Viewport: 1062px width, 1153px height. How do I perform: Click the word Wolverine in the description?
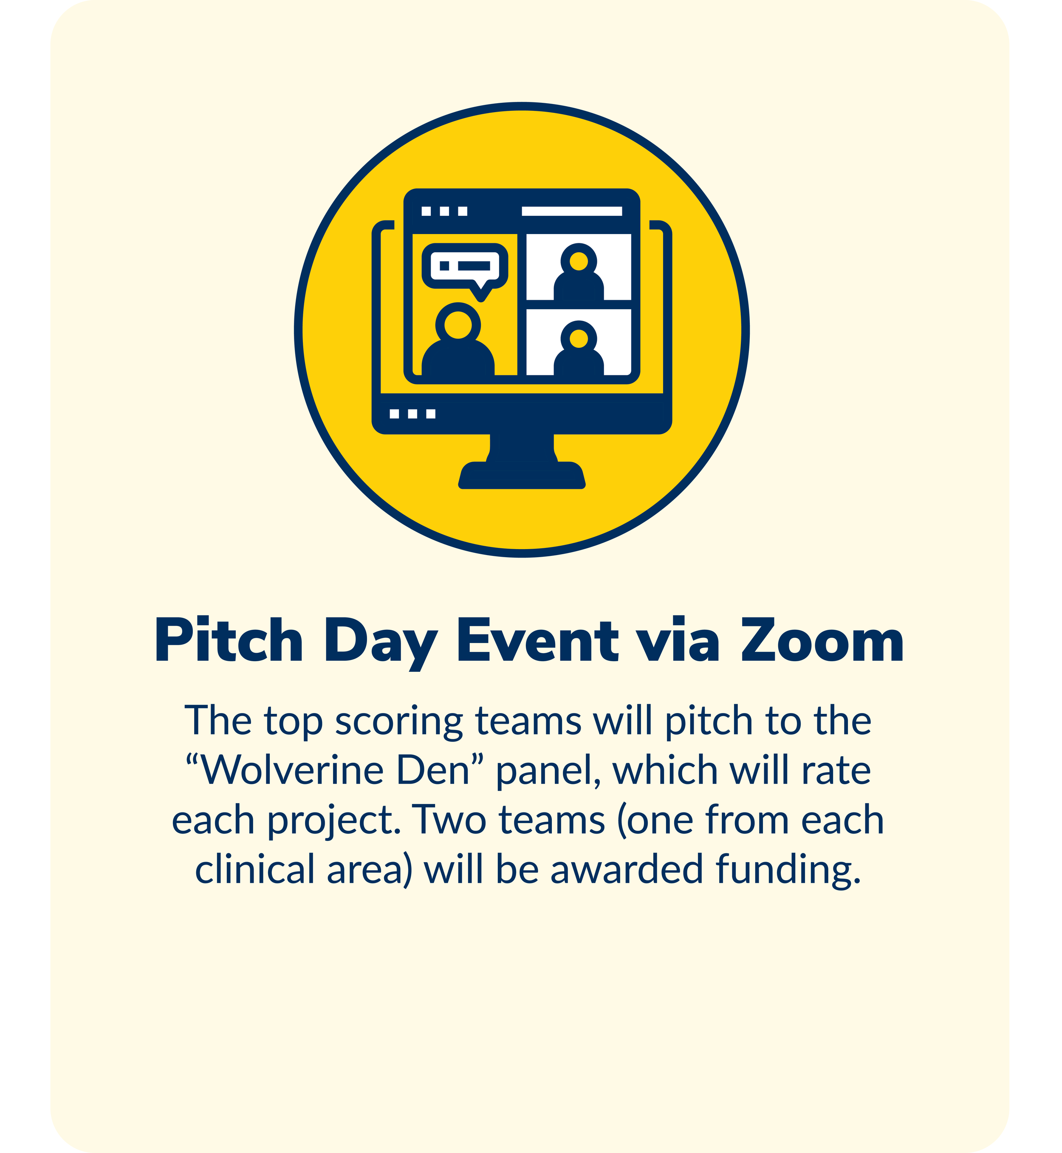[293, 770]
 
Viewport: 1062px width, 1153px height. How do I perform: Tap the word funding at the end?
[788, 870]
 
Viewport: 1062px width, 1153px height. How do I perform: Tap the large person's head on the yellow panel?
[458, 324]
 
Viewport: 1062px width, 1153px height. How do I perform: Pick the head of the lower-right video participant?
[578, 338]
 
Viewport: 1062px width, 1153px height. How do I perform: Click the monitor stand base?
[522, 475]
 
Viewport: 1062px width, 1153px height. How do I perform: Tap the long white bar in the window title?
[571, 211]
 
